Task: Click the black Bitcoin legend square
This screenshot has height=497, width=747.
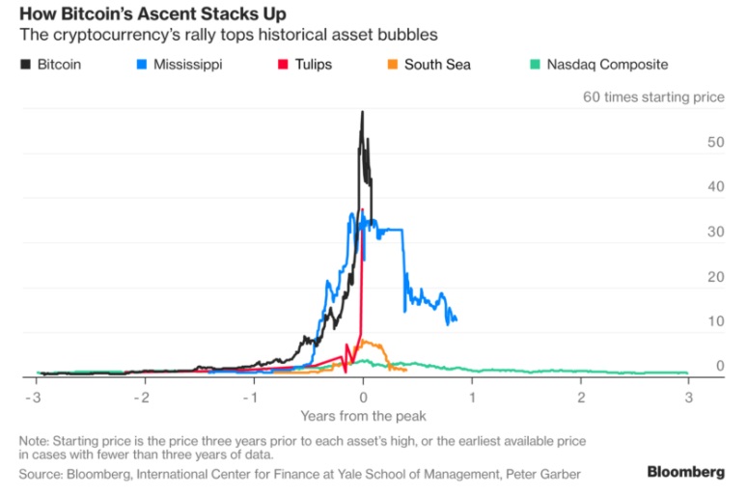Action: [x=25, y=65]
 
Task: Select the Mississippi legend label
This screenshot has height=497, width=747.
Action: [x=186, y=65]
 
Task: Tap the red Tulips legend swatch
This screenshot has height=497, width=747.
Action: [x=284, y=65]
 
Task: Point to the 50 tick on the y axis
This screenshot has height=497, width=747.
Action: [x=715, y=142]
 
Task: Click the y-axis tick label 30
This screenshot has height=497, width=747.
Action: [x=715, y=232]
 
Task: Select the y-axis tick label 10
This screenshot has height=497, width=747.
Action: [x=715, y=321]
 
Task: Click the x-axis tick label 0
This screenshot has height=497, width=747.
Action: [x=363, y=397]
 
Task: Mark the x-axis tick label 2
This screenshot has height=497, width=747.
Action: [x=582, y=397]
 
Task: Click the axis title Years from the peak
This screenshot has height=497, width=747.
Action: [x=363, y=416]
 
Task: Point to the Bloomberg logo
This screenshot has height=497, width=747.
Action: [x=685, y=472]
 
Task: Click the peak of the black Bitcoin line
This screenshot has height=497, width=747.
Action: [x=363, y=112]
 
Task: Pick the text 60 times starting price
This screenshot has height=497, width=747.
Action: [x=652, y=97]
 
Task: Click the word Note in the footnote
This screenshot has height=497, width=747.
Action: [x=35, y=440]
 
